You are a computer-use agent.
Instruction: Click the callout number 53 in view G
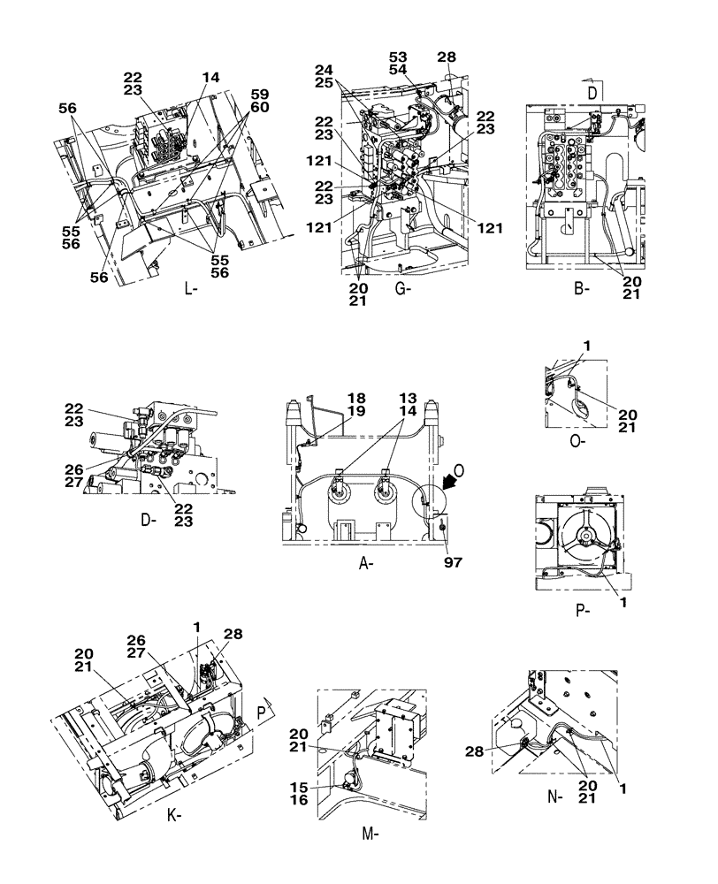(x=398, y=57)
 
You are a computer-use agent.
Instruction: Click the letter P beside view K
(x=263, y=708)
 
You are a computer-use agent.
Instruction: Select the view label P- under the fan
(x=582, y=610)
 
